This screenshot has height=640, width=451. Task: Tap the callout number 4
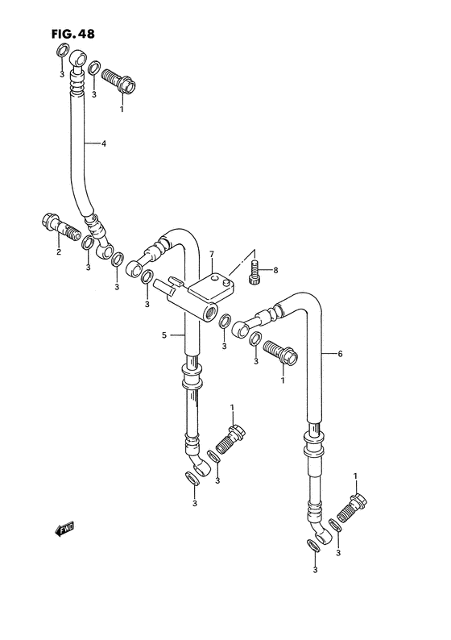[104, 144]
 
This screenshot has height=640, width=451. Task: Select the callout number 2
[58, 252]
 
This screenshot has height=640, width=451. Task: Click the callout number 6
[340, 354]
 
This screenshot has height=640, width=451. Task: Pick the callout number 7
[212, 256]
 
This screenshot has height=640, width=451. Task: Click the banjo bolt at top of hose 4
[121, 81]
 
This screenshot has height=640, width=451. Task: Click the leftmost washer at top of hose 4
[60, 53]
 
